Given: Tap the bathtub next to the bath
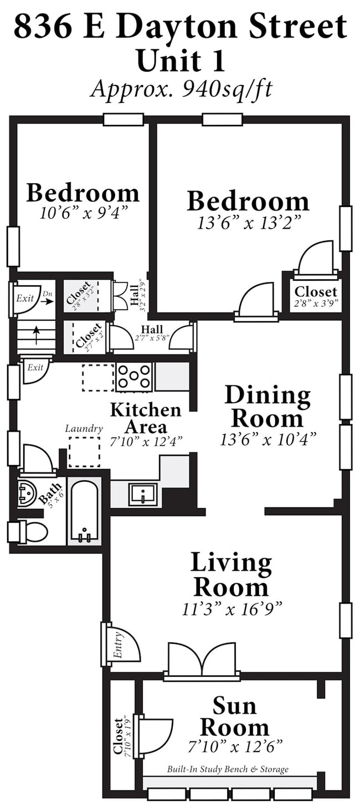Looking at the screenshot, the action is pyautogui.click(x=84, y=511).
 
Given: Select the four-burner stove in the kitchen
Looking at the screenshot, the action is pyautogui.click(x=135, y=377).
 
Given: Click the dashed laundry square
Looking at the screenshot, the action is pyautogui.click(x=84, y=452).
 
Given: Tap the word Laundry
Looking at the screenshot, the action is pyautogui.click(x=84, y=429).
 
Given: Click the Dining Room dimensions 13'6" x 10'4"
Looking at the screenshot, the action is pyautogui.click(x=268, y=440).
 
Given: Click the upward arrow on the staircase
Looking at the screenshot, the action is pyautogui.click(x=36, y=335).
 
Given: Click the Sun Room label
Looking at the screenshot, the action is pyautogui.click(x=234, y=717).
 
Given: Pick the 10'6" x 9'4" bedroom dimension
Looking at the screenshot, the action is pyautogui.click(x=84, y=213).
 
